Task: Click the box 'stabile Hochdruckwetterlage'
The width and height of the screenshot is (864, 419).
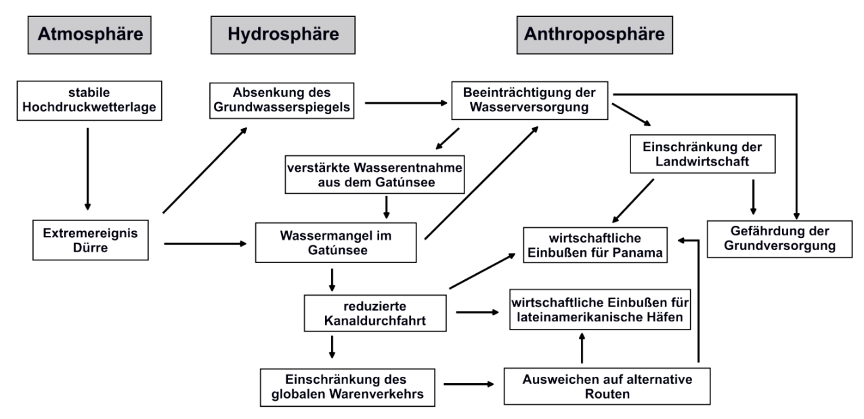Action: [89, 100]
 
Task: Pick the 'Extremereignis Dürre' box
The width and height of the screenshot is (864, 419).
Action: [90, 242]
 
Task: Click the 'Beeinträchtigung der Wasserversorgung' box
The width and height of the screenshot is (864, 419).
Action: [530, 100]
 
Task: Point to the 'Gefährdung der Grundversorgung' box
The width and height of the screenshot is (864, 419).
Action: [779, 238]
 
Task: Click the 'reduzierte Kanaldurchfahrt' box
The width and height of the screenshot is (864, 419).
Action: [375, 313]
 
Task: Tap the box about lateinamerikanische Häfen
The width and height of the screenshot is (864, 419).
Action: [601, 308]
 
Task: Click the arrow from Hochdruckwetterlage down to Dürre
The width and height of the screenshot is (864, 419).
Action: [87, 166]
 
